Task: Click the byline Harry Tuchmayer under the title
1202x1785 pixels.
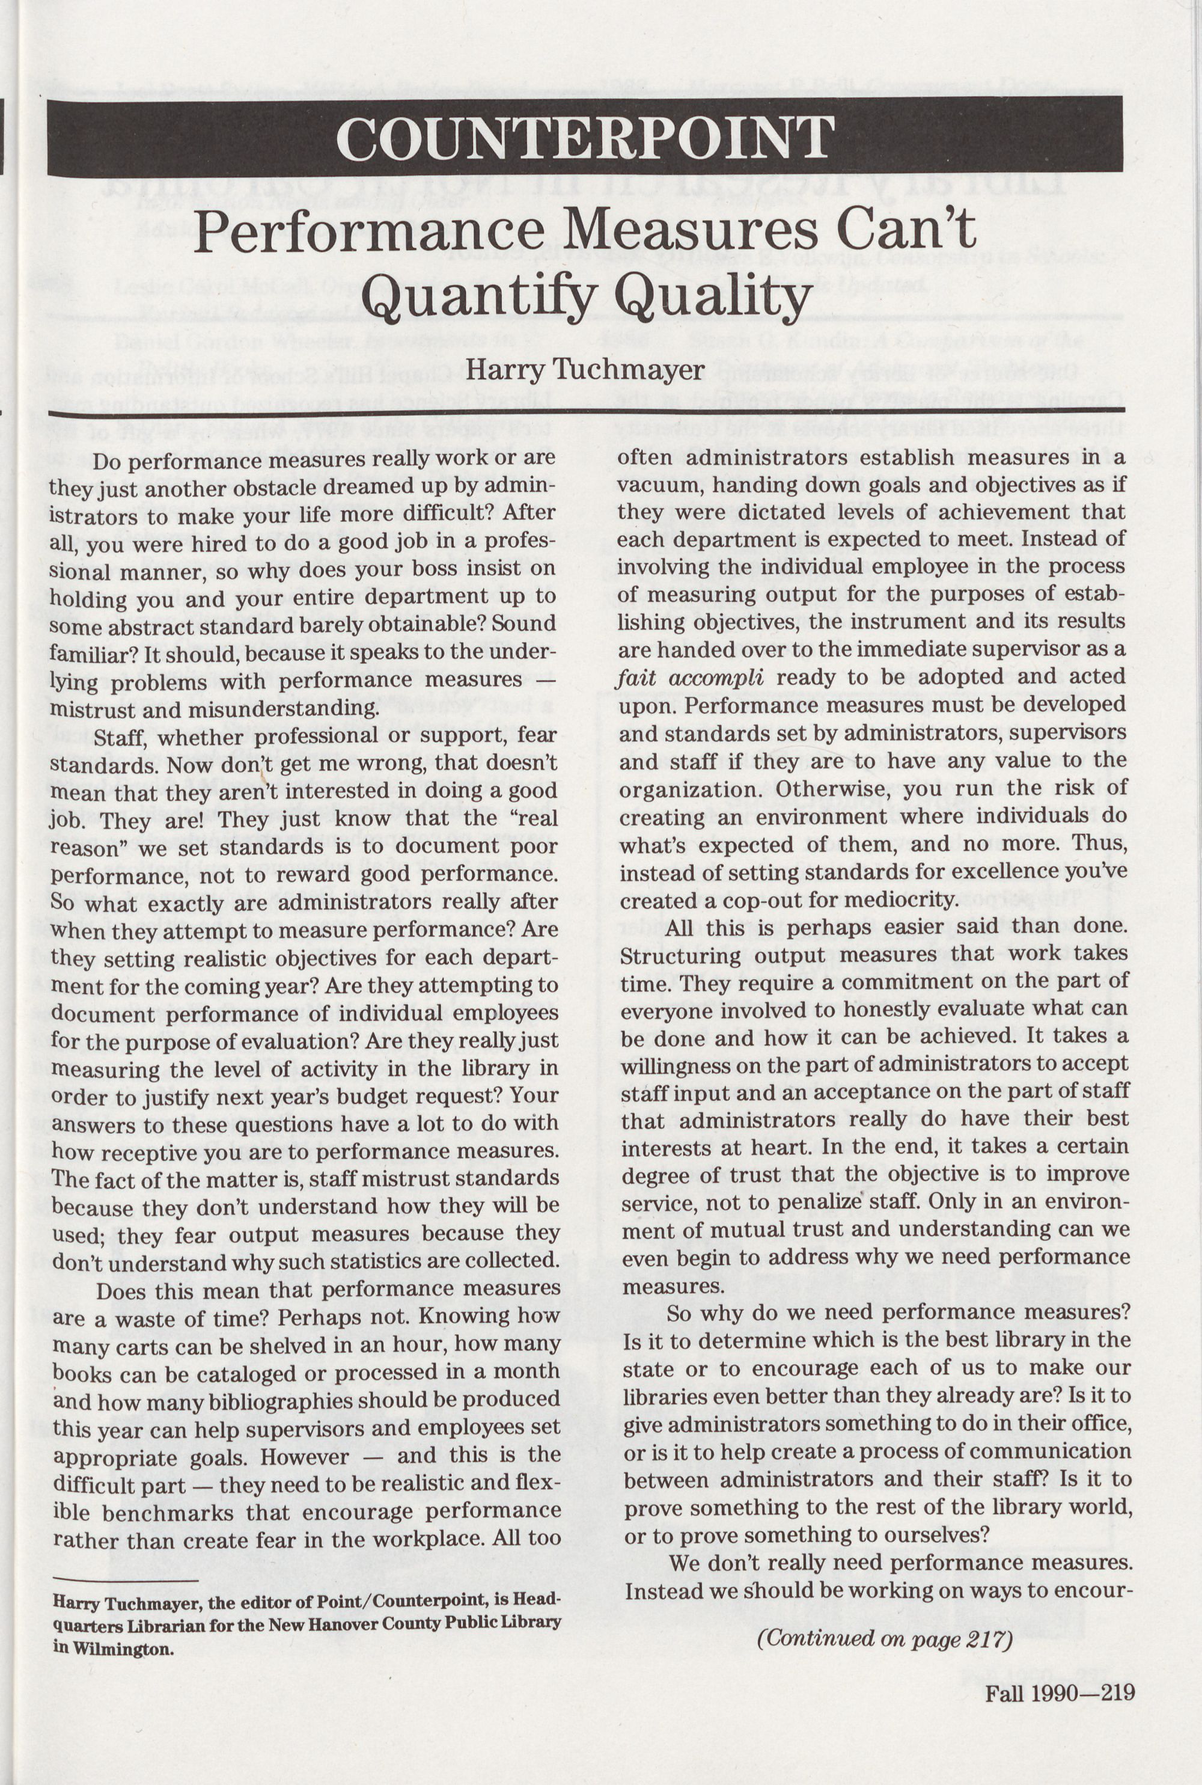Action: pos(585,370)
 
